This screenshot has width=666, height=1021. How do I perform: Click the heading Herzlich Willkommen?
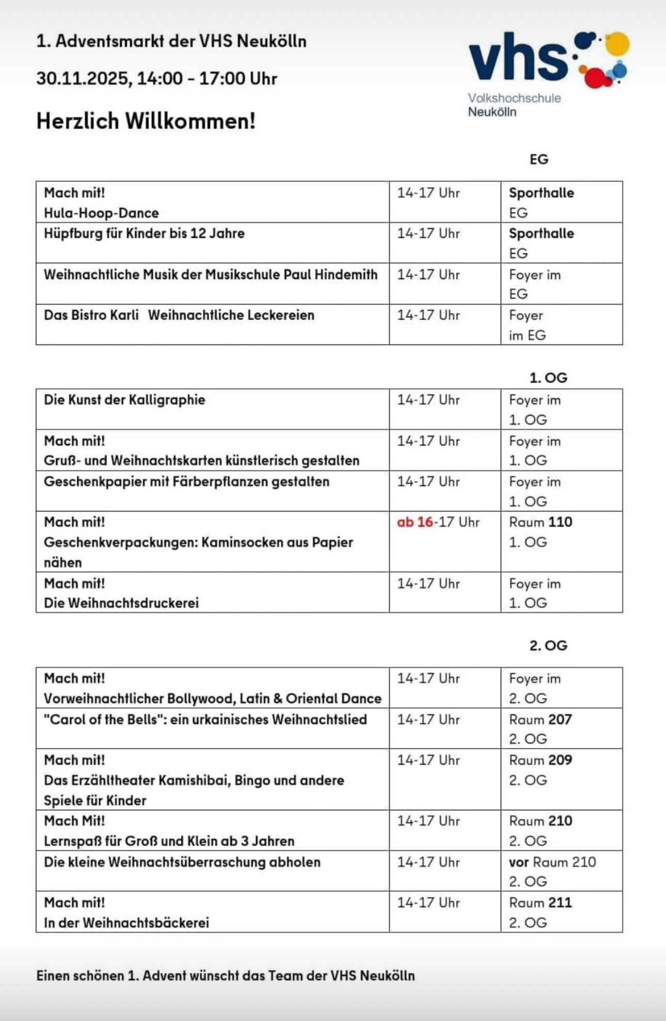(146, 121)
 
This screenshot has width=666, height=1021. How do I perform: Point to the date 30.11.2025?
(82, 78)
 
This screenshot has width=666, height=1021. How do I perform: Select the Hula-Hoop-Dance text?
(101, 213)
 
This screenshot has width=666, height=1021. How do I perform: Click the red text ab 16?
(415, 522)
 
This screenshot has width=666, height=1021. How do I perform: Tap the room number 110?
(560, 522)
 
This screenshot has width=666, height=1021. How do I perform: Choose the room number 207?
(560, 720)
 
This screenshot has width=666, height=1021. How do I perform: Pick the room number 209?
(560, 760)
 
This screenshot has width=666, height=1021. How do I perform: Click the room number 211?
(560, 903)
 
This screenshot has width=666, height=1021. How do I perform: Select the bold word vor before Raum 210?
(519, 862)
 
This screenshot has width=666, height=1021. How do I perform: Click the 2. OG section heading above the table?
(548, 645)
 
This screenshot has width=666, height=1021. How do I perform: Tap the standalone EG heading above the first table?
(539, 159)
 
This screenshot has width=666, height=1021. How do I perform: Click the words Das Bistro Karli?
(91, 315)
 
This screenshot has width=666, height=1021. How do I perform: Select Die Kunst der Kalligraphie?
(124, 400)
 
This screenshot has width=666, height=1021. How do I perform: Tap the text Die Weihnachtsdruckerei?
(121, 603)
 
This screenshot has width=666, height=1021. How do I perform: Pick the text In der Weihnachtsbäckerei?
(126, 923)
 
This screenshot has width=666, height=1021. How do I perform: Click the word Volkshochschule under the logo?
(514, 98)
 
